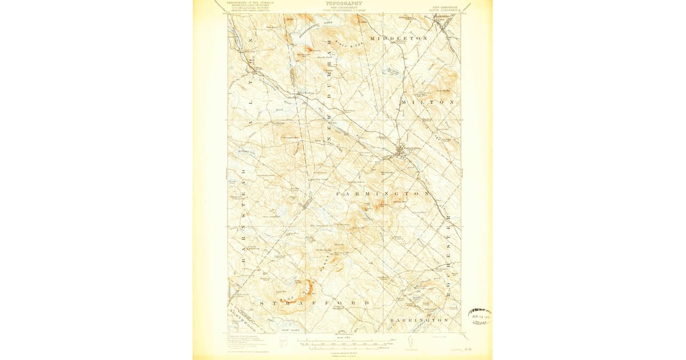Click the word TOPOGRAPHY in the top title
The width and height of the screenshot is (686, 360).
tap(343, 3)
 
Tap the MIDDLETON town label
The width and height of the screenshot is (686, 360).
tap(398, 38)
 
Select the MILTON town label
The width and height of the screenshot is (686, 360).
tap(429, 102)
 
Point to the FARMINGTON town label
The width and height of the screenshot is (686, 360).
tap(382, 194)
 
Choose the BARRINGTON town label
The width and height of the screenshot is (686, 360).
tap(419, 321)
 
